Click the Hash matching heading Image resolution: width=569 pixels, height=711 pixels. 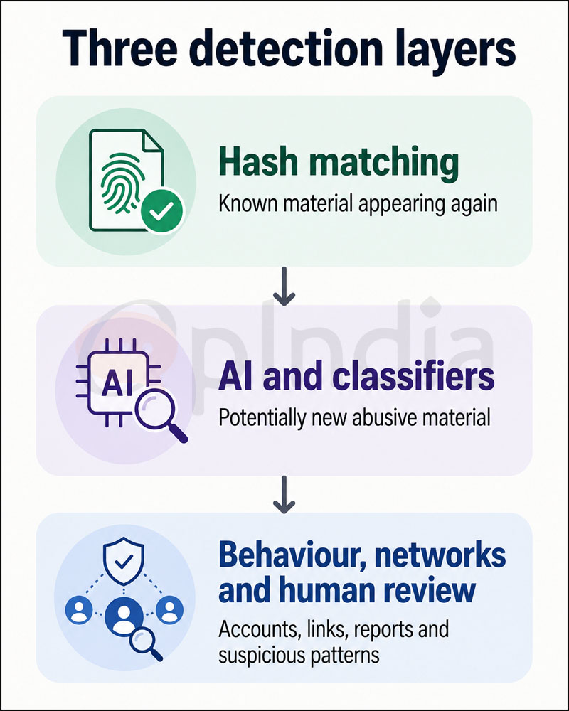339,164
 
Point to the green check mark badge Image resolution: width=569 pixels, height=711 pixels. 162,210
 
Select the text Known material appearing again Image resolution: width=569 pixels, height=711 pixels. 358,205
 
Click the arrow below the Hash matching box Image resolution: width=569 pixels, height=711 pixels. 284,286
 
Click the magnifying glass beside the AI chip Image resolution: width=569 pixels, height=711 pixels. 160,416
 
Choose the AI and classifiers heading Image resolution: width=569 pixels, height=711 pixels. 356,377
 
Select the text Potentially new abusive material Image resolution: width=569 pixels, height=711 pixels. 354,417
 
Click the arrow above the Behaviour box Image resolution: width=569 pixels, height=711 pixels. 284,495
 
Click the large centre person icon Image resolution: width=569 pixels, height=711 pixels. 124,616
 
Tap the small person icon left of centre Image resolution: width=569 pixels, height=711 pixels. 79,609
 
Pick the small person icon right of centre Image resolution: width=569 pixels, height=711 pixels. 170,609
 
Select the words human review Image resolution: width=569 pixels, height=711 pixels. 377,590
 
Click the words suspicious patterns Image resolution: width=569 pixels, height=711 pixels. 299,656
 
